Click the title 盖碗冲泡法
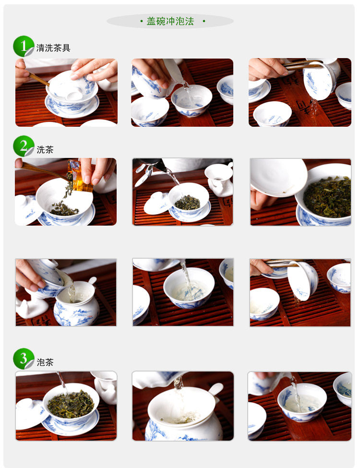point(170,21)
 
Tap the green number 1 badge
point(24,46)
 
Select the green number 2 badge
point(24,146)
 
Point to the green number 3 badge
point(24,359)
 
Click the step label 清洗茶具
point(53,48)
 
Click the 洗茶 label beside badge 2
point(45,150)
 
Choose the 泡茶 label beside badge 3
point(45,362)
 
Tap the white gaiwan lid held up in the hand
point(278,177)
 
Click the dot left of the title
point(142,21)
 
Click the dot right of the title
point(204,21)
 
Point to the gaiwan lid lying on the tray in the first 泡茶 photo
point(28,414)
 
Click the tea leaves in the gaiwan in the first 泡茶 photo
point(71,405)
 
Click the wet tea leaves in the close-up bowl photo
point(327,197)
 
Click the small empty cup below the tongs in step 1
point(272,113)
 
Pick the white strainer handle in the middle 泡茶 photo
point(216,389)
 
